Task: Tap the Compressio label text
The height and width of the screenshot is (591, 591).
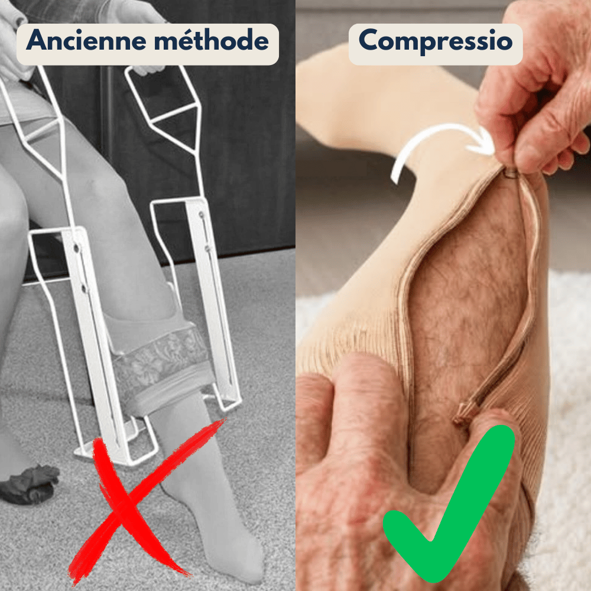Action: pos(435,41)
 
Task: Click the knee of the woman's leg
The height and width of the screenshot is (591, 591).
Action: pos(100,183)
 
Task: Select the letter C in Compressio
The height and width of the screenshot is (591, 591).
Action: pos(370,41)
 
